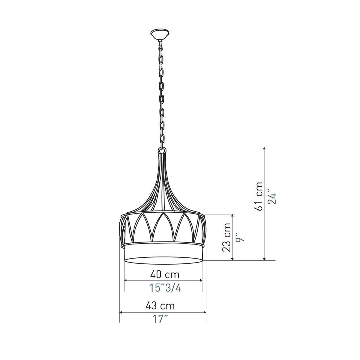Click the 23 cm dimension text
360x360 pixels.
point(226,237)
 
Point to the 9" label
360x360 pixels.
point(239,237)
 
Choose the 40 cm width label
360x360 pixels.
point(165,274)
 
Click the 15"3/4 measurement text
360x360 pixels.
point(165,288)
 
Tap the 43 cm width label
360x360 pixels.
point(160,306)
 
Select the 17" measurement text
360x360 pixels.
point(160,319)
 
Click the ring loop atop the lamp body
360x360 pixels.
point(162,150)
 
